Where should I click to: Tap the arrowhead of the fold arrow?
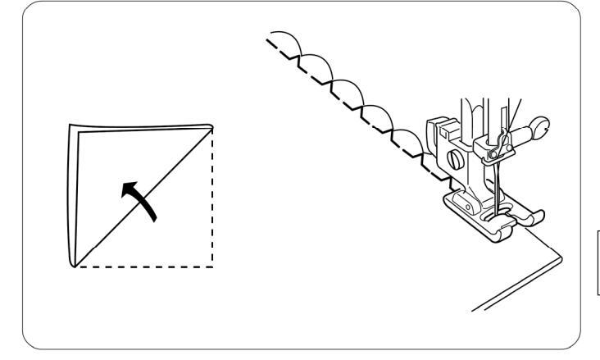[x=128, y=188]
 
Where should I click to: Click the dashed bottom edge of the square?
[x=143, y=267]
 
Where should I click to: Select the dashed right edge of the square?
[x=213, y=197]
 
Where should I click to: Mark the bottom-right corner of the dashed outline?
[x=213, y=267]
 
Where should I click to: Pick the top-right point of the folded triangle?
[x=212, y=125]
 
